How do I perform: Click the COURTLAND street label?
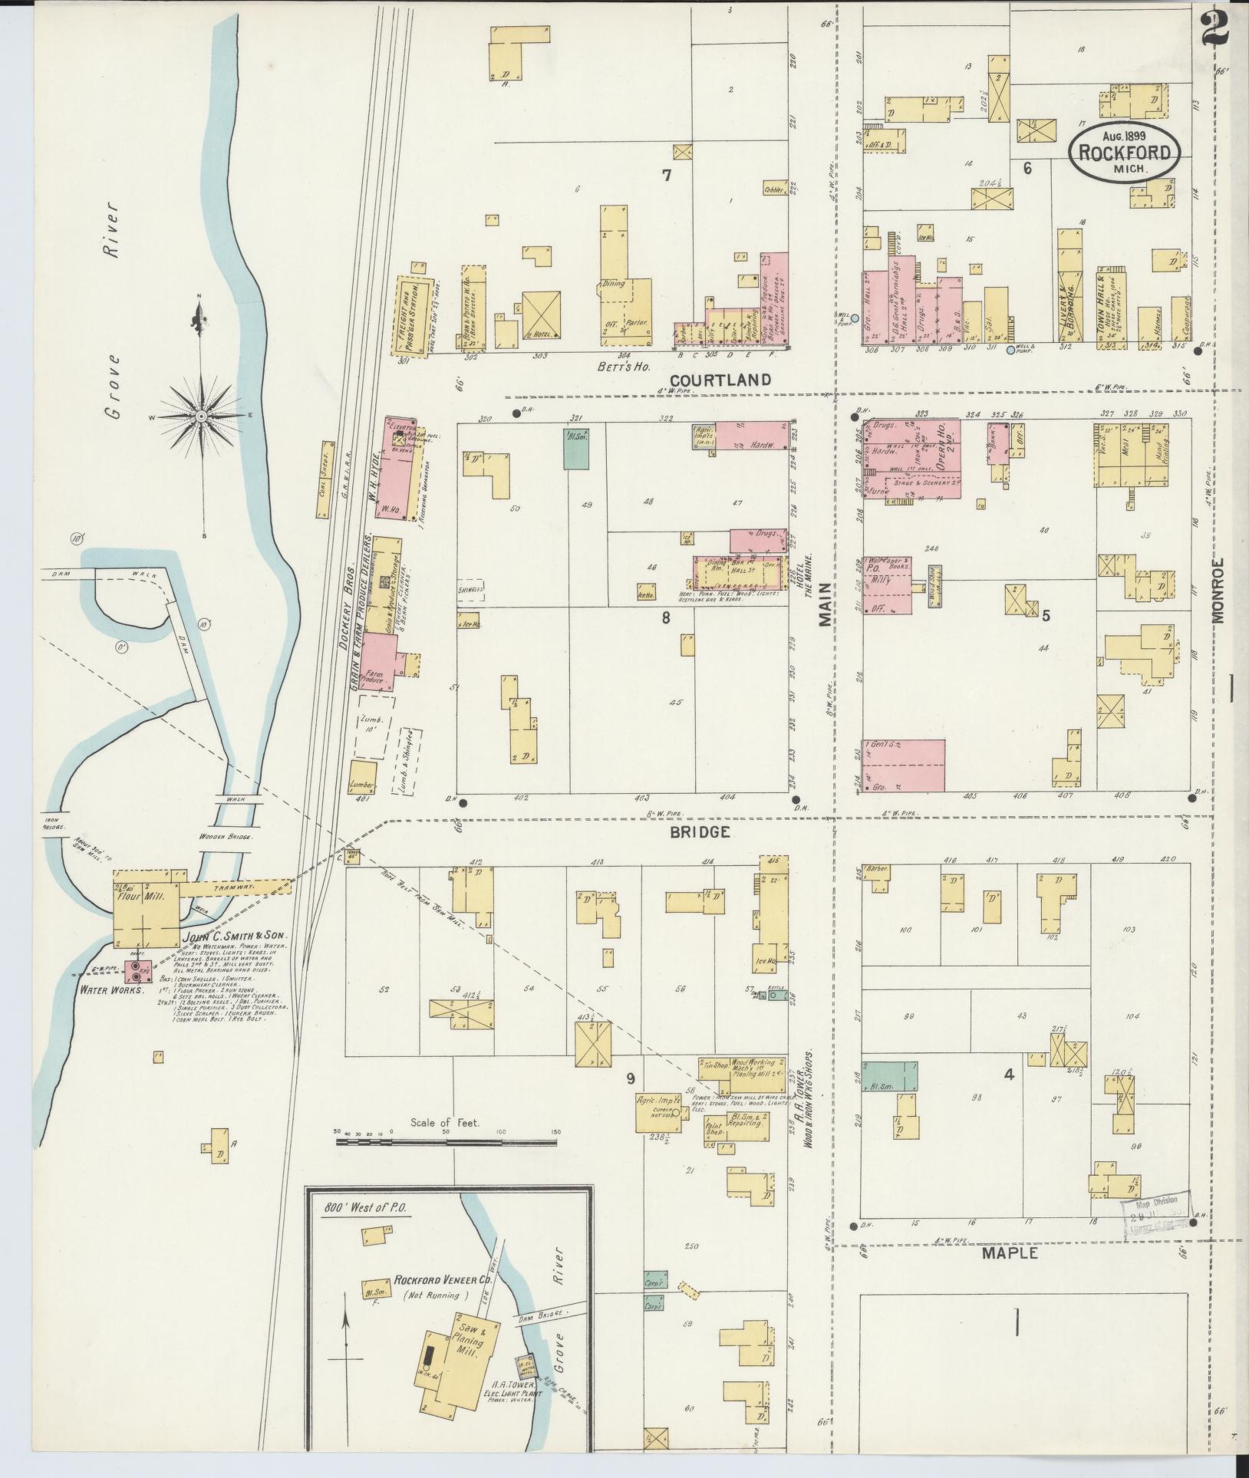coord(720,379)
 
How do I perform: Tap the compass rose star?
coord(201,416)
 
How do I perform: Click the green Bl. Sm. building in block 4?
coord(889,1076)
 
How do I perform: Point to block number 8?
coord(666,617)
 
